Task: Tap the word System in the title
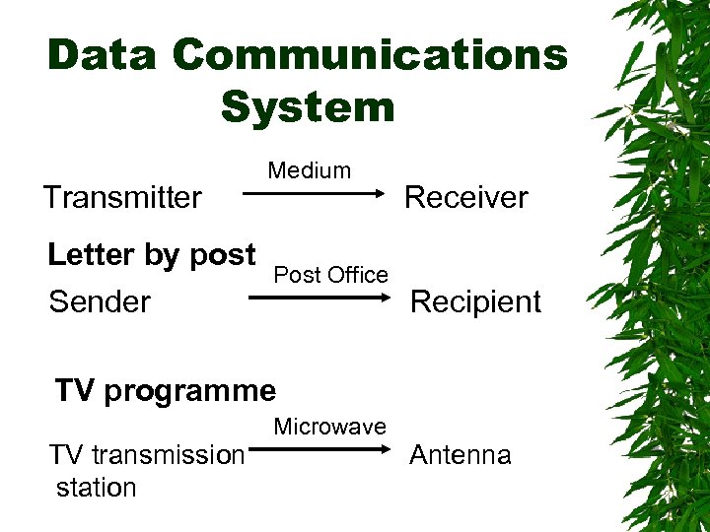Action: pos(308,106)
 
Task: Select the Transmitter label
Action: pos(122,197)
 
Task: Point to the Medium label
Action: pos(310,170)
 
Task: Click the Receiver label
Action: pos(466,197)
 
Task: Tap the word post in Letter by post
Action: pos(223,255)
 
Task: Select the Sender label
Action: pos(100,301)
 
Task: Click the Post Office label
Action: pos(331,275)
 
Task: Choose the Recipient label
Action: pos(475,301)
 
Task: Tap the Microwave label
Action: pos(330,427)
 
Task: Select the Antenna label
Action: pos(461,455)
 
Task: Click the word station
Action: pos(97,488)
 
